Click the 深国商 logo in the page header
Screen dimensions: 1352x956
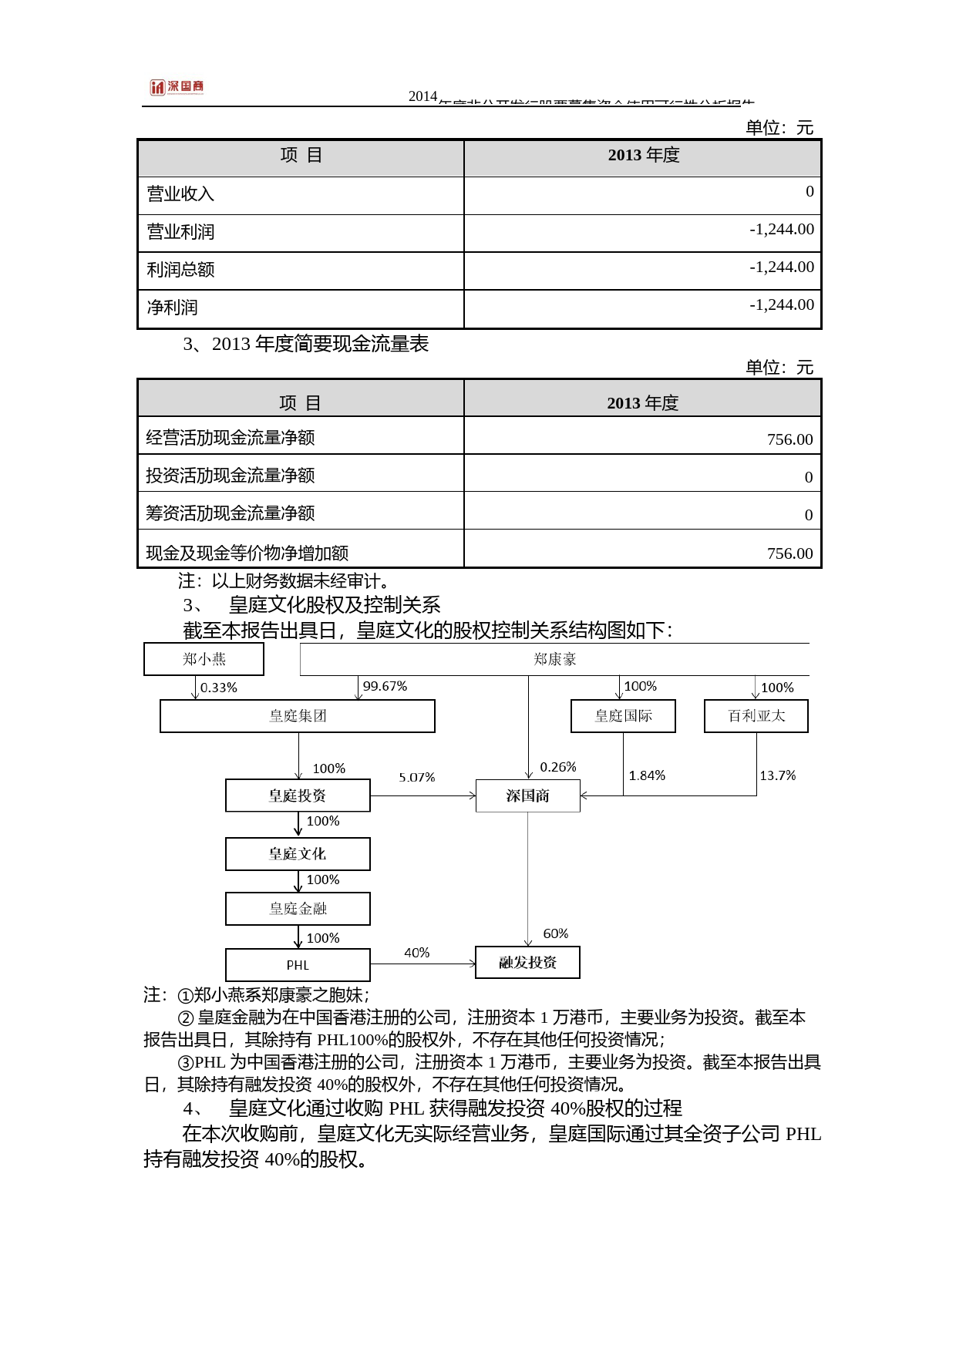177,87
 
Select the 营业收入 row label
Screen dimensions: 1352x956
180,194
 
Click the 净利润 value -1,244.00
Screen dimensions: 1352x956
781,305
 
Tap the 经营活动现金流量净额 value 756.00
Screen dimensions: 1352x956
789,439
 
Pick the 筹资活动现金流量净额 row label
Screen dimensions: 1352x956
230,513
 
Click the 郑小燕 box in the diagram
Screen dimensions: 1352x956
204,659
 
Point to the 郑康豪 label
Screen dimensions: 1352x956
554,659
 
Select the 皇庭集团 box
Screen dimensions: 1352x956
297,716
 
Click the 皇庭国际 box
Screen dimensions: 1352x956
623,716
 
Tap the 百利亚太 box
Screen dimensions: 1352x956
756,716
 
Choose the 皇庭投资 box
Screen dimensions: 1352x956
298,795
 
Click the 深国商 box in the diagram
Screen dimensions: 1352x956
527,796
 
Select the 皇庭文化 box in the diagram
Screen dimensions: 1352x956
298,854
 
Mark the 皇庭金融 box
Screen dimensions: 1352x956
298,909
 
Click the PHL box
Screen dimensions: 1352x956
298,965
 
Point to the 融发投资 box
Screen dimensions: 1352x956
527,963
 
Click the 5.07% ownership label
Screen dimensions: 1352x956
416,778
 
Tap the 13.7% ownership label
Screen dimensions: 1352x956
777,775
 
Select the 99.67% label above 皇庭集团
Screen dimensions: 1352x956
385,686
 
